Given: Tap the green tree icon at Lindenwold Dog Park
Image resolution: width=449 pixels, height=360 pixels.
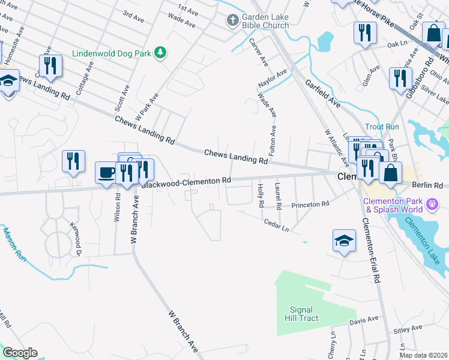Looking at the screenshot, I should (x=160, y=53).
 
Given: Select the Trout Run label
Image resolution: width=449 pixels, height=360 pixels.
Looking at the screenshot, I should (x=382, y=127).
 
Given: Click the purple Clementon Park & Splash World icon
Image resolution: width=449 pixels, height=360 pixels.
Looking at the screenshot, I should (x=432, y=206).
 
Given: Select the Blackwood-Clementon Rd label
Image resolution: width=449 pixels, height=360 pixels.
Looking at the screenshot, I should (x=187, y=181).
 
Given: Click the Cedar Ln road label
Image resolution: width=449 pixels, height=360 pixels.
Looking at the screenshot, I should (x=276, y=225).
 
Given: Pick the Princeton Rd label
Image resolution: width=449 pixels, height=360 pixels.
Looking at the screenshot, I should (x=310, y=205).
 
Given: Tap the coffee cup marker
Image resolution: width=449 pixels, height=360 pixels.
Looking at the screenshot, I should (x=107, y=173).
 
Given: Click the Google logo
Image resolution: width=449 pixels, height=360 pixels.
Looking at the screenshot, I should (x=20, y=353).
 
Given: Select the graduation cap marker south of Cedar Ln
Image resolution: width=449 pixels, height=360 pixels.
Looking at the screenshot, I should (x=344, y=241).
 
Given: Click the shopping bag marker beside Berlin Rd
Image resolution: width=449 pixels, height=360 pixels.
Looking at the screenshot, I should (x=390, y=173).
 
